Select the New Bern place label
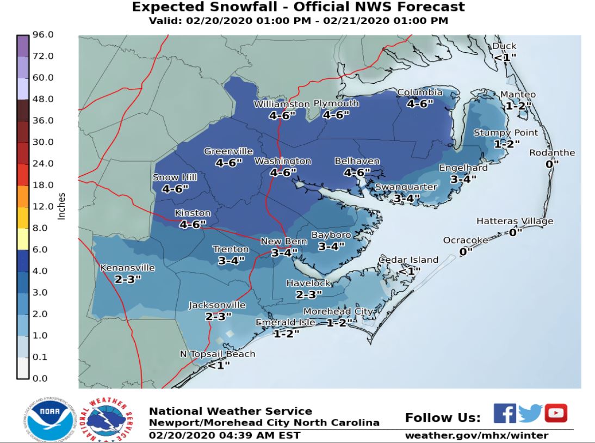(x=277, y=242)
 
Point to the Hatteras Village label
(x=515, y=221)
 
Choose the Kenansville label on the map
(x=128, y=268)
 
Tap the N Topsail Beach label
(x=218, y=354)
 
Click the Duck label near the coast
(x=504, y=46)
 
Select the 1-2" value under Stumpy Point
(x=507, y=144)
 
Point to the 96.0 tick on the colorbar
(x=43, y=35)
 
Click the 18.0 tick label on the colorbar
(x=43, y=185)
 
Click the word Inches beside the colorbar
(x=61, y=206)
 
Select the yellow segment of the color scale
(x=22, y=238)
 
